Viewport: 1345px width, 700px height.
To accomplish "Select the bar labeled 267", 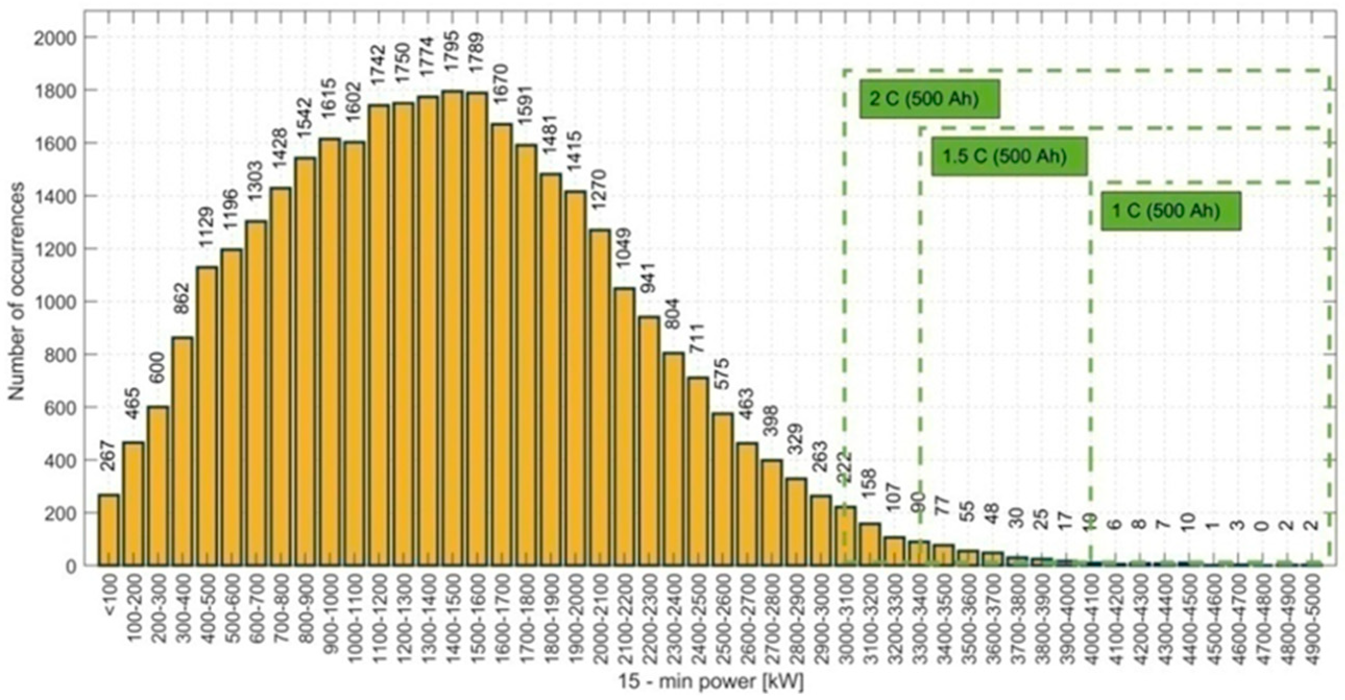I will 108,530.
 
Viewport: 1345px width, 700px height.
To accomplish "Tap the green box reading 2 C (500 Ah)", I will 930,98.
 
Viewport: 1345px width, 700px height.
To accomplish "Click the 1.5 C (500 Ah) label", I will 1009,156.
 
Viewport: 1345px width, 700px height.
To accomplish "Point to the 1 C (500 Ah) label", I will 1170,211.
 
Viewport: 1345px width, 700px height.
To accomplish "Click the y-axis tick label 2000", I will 54,37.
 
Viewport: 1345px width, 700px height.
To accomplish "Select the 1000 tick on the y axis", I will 54,302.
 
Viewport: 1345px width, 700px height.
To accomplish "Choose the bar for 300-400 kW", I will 182,451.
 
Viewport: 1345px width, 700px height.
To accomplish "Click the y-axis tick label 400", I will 58,460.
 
